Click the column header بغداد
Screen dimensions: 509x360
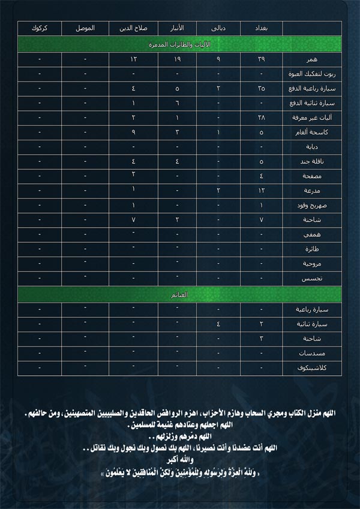pos(262,29)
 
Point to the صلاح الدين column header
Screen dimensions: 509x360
pos(133,29)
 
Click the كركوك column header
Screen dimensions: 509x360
pos(40,29)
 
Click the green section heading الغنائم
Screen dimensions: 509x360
pos(179,295)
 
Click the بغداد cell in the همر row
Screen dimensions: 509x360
pos(262,60)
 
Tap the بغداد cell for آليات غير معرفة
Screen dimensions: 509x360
pos(262,118)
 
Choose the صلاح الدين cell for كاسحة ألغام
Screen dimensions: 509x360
pos(133,132)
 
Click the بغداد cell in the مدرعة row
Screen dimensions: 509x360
pos(262,191)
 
